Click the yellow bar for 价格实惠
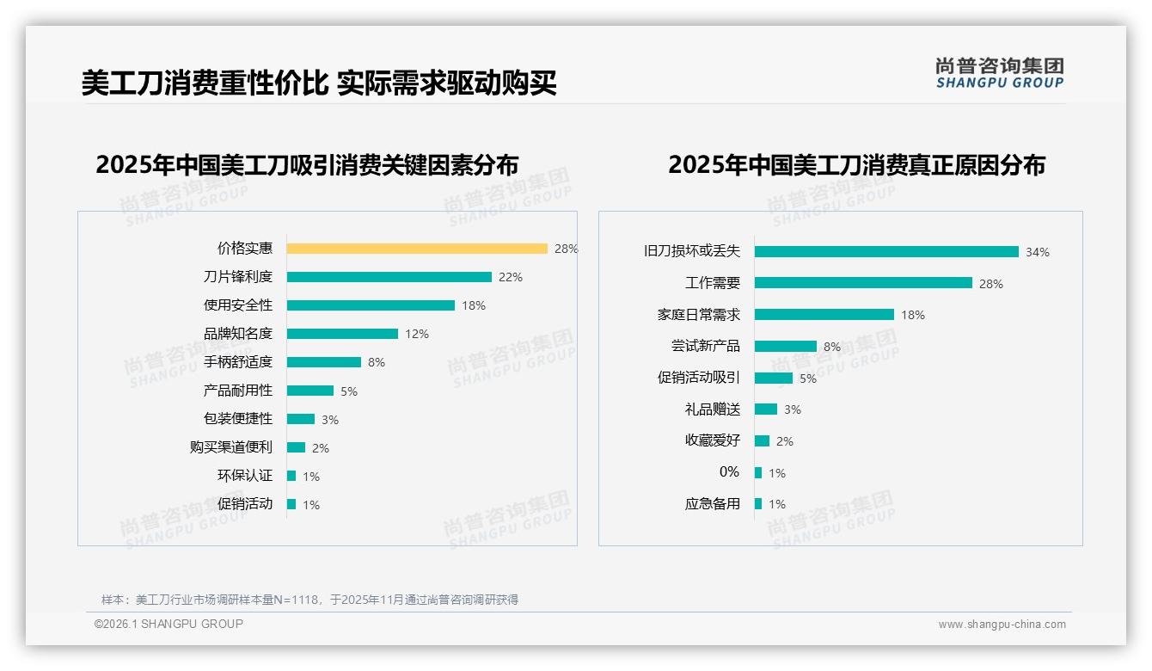tap(417, 249)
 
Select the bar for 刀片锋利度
tap(389, 277)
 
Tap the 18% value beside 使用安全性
tap(474, 305)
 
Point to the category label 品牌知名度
tap(238, 334)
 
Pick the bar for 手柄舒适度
tap(324, 362)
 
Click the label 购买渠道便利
tap(231, 447)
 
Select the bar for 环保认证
tap(291, 476)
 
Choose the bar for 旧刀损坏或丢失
tap(886, 251)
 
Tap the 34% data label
tap(1038, 252)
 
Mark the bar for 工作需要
tap(863, 283)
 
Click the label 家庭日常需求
tap(699, 315)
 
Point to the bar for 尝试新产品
tap(786, 346)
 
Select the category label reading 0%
tap(729, 471)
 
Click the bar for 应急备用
tap(758, 504)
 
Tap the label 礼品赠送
tap(713, 409)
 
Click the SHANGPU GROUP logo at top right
tap(1000, 72)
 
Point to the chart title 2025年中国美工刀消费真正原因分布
tap(856, 164)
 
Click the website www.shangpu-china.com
tap(1002, 625)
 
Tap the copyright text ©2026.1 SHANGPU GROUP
tap(169, 624)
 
